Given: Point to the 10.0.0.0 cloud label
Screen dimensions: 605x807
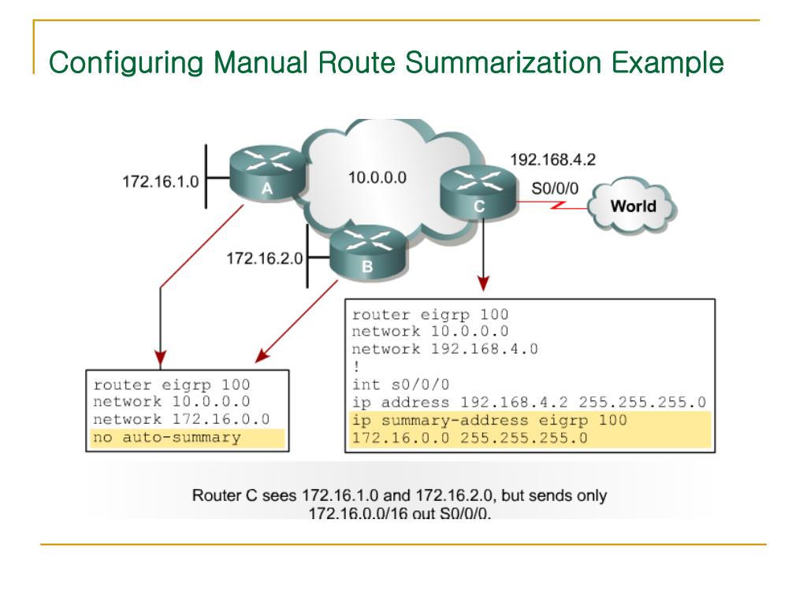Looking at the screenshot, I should tap(377, 178).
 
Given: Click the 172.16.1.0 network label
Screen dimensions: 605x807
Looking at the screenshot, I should tap(160, 182).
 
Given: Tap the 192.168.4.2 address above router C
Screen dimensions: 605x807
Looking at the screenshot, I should tap(552, 159).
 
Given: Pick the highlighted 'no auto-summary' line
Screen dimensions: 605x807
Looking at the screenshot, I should tap(167, 437).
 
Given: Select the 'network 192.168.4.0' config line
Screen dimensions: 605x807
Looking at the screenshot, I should tap(444, 349).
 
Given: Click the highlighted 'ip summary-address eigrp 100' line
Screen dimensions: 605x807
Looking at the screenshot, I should tap(489, 420).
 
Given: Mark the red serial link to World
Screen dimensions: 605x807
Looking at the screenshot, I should tap(555, 208).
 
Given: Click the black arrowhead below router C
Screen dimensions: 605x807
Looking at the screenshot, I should tap(484, 283).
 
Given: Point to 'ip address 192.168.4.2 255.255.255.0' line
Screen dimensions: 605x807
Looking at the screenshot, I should tap(528, 403).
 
